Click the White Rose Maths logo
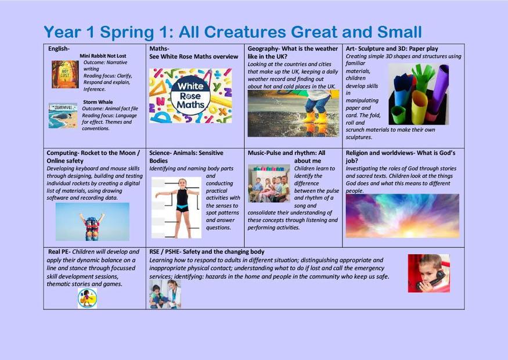coord(190,96)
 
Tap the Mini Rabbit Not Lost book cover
coord(65,74)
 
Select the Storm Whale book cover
coord(63,116)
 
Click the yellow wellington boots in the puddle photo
coord(315,117)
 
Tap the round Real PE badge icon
coord(87,298)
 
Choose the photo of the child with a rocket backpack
coord(92,222)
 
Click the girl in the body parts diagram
coord(182,208)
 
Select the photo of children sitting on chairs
coord(269,183)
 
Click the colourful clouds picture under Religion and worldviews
coord(402,216)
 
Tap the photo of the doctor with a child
coord(165,294)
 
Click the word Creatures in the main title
coord(245,32)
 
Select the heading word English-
coord(59,49)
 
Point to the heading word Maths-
coord(160,49)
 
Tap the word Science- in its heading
coord(161,153)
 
